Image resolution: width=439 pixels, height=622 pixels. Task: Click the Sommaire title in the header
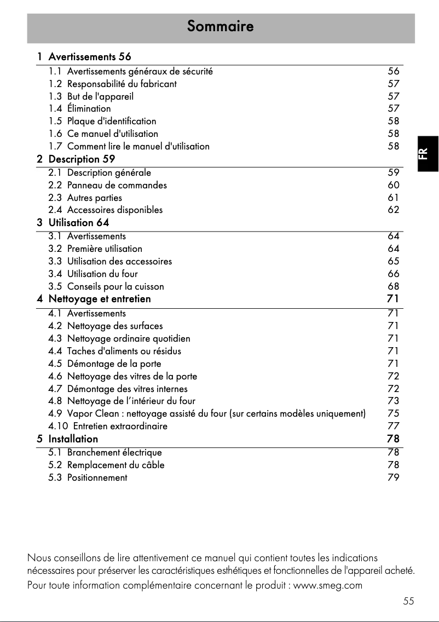pos(220,26)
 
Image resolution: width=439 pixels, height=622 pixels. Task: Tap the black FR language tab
pos(428,153)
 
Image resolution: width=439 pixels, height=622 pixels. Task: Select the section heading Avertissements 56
pos(90,56)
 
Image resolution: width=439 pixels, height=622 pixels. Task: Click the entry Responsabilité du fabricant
pos(122,84)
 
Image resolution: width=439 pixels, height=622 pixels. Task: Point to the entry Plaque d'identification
pos(111,121)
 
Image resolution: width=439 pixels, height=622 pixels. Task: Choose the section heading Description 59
pos(82,159)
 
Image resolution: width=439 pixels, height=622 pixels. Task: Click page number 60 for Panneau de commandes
pos(393,185)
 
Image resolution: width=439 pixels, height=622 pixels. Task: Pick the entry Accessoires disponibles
pos(114,210)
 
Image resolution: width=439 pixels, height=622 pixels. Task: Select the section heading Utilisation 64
pos(79,222)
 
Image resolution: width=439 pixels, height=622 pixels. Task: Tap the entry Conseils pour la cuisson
pos(115,286)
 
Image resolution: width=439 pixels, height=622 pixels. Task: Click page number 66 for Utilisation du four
pos(393,274)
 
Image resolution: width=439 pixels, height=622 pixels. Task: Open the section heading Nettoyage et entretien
pos(100,299)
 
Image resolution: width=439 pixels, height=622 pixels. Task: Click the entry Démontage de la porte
pos(114,364)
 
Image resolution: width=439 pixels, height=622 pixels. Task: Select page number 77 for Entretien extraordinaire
pos(393,426)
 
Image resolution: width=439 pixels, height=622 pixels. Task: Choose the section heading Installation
pos(73,439)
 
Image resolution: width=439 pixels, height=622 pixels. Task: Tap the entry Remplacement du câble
pos(115,465)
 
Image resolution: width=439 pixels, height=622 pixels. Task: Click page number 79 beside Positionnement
pos(393,477)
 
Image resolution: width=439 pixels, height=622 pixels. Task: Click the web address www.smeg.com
pos(328,585)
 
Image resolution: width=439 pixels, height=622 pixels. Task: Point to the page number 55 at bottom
pos(408,601)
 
